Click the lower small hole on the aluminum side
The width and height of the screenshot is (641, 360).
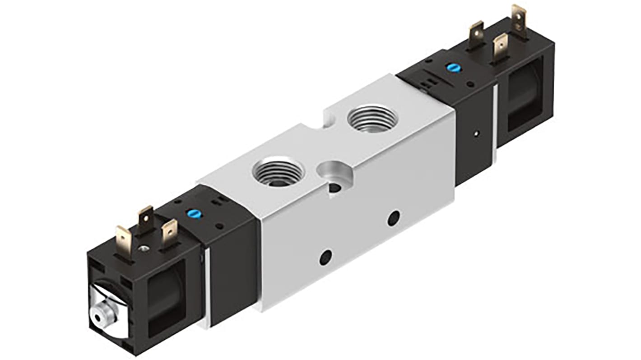coord(325,258)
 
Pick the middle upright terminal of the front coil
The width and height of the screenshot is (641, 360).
coord(145,220)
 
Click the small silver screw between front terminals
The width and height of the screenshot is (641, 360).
coord(144,247)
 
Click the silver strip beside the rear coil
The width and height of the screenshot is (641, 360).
coord(495,122)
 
